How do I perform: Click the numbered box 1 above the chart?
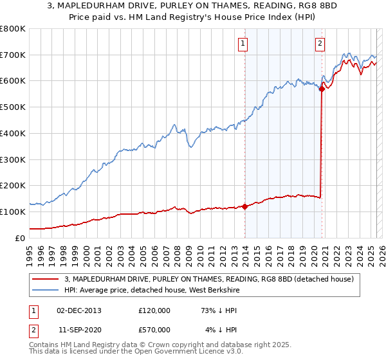[243, 44]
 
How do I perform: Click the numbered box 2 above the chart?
[320, 44]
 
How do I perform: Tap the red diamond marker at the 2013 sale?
[245, 206]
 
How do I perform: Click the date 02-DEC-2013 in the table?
[79, 310]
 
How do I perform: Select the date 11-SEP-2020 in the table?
[79, 329]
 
